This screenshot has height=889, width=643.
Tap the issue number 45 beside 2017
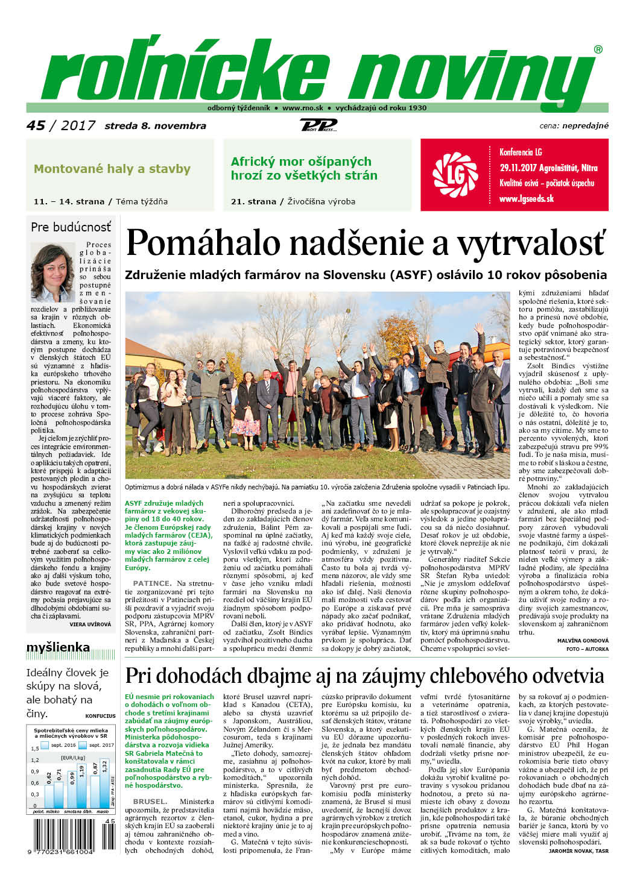click(36, 125)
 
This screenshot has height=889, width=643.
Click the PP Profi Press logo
click(318, 125)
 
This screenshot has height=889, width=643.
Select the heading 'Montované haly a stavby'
click(112, 169)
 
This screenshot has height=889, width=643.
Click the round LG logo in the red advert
click(455, 175)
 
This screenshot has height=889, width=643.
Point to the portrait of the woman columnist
click(52, 272)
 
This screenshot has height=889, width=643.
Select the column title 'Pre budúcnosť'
click(71, 227)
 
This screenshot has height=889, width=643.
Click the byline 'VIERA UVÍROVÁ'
click(90, 624)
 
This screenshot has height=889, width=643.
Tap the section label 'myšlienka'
click(58, 648)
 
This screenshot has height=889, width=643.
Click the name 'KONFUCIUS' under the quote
click(100, 716)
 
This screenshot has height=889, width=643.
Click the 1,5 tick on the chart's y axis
click(35, 749)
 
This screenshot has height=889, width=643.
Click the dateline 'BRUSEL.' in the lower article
click(150, 802)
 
